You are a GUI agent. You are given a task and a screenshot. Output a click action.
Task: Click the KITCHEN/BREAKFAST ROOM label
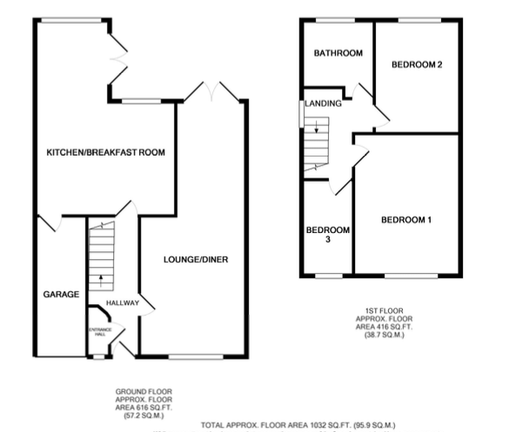coord(106,152)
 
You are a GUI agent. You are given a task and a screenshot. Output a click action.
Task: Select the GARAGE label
coord(62,295)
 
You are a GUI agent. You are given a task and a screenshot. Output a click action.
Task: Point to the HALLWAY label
coord(123,302)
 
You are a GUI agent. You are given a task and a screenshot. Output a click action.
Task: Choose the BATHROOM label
coord(338,54)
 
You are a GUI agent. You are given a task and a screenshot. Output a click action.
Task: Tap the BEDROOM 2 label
coord(418,64)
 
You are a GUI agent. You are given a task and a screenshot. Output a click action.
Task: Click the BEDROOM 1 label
coord(406,220)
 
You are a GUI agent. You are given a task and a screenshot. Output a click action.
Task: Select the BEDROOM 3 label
coord(328,235)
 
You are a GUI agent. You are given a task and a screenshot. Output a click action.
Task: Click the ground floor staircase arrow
coord(102,280)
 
